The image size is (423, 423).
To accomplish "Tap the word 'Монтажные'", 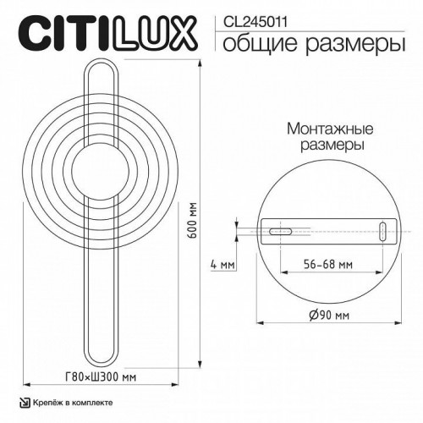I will point(321,129).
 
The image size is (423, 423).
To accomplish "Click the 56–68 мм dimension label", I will point(329,264).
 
